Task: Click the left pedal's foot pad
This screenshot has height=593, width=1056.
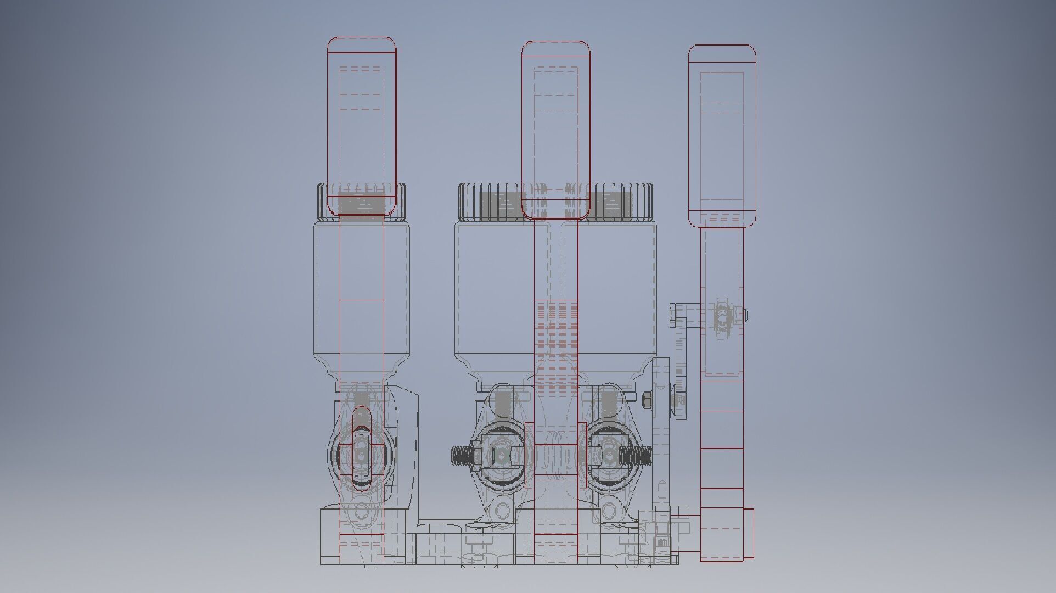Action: (362, 126)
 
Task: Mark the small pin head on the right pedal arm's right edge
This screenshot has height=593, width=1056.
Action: (745, 315)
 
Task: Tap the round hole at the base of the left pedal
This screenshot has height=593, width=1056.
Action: (362, 511)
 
